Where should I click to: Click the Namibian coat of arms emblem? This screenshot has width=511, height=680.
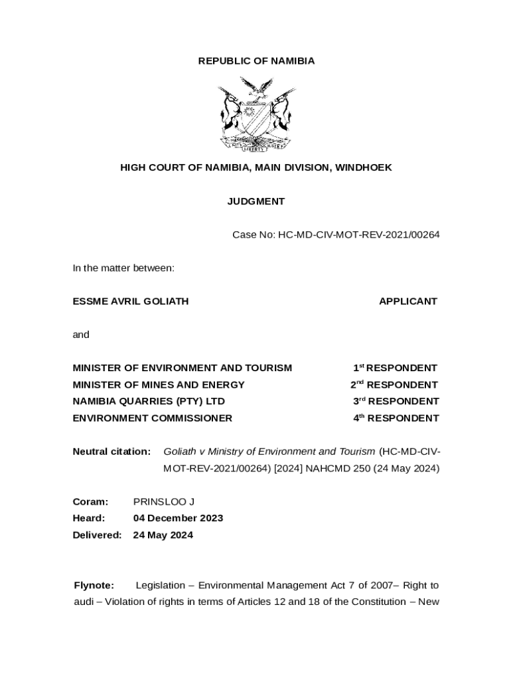[x=256, y=114]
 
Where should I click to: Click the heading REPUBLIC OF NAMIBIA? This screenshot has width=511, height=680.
[x=256, y=61]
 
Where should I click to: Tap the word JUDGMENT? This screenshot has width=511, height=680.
[x=256, y=201]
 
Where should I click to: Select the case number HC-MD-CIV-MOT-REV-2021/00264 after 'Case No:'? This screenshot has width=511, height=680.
[x=358, y=234]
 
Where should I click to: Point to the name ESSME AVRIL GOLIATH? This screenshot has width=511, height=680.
[x=131, y=301]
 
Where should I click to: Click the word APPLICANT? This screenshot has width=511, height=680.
[x=407, y=301]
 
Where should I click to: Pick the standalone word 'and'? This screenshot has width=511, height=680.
[x=81, y=335]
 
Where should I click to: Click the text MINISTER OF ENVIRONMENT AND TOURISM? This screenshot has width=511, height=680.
[x=182, y=368]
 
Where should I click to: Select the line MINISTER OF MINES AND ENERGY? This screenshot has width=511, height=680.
[x=159, y=384]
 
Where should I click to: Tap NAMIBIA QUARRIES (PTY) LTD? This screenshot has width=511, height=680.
[x=149, y=401]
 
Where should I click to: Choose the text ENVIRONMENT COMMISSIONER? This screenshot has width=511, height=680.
[x=153, y=418]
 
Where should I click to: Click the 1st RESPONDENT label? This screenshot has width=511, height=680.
[x=395, y=368]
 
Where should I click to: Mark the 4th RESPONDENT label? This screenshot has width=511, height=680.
[x=396, y=418]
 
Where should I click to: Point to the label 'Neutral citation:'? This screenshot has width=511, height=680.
[x=111, y=452]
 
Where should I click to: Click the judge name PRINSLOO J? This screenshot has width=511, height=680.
[x=164, y=501]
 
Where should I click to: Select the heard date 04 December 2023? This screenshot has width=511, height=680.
[x=178, y=518]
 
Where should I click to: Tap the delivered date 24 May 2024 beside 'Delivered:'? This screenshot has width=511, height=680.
[x=163, y=535]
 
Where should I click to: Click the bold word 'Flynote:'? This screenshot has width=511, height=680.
[x=94, y=586]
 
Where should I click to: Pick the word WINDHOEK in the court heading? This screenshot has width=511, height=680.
[x=363, y=168]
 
